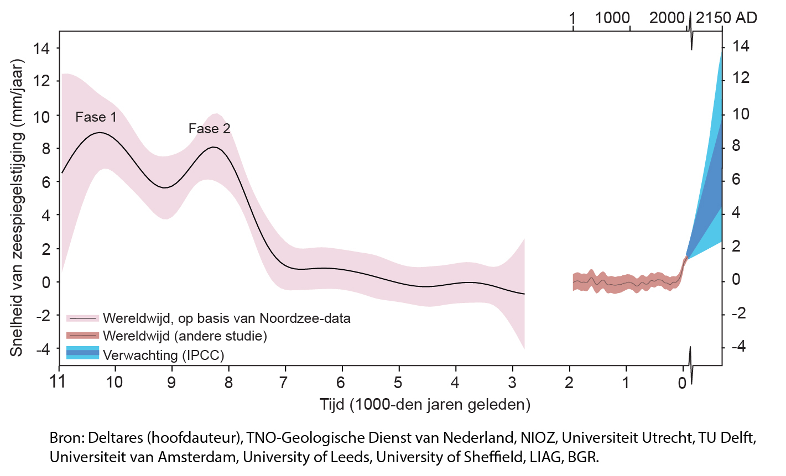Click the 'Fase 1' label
[x=96, y=117]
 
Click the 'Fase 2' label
[x=209, y=129]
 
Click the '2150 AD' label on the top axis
[x=726, y=18]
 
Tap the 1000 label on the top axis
[x=612, y=18]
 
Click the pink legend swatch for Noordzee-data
[x=82, y=318]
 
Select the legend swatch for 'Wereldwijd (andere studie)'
[x=82, y=336]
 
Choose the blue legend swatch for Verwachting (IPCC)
[x=82, y=353]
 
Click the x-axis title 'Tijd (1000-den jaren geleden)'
[x=425, y=405]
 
